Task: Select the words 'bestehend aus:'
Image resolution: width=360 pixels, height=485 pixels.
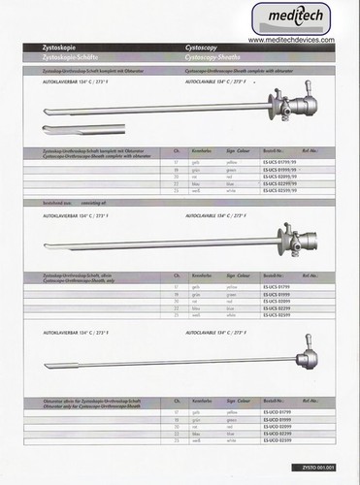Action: point(59,206)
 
